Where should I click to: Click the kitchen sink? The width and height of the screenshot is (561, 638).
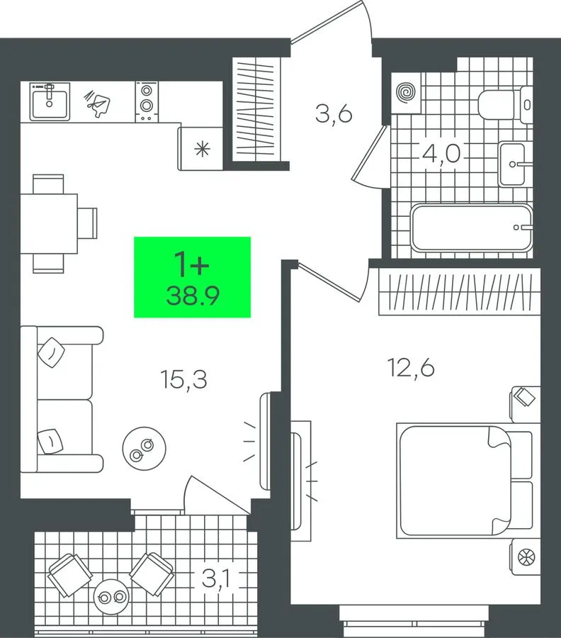point(50,101)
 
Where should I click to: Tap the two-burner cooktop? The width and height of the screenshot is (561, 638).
point(147,101)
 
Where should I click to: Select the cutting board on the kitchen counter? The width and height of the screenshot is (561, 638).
point(97,103)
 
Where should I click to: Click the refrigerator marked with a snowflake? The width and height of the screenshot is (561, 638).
point(200,149)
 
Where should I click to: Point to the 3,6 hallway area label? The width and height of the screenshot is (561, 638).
point(334,113)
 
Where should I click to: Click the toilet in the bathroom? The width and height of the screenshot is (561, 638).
point(505,105)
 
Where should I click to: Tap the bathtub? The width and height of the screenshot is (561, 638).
point(472,228)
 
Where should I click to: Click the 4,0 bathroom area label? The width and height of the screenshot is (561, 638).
point(441,154)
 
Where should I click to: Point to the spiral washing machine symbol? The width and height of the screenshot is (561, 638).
point(407,92)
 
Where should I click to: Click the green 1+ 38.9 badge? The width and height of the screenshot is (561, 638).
point(192,276)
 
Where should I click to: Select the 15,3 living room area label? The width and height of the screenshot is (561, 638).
point(183,379)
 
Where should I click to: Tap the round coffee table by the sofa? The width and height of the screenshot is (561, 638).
point(144,449)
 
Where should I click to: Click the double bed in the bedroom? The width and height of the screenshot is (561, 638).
point(466,479)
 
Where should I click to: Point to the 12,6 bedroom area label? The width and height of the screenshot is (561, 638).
point(411,368)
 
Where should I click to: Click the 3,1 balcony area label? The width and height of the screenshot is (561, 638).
point(215,578)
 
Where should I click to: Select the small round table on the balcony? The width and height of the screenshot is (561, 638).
point(111,597)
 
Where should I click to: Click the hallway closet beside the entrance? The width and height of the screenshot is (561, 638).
point(256,109)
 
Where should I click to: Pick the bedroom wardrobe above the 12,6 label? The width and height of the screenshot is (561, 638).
point(460,291)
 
